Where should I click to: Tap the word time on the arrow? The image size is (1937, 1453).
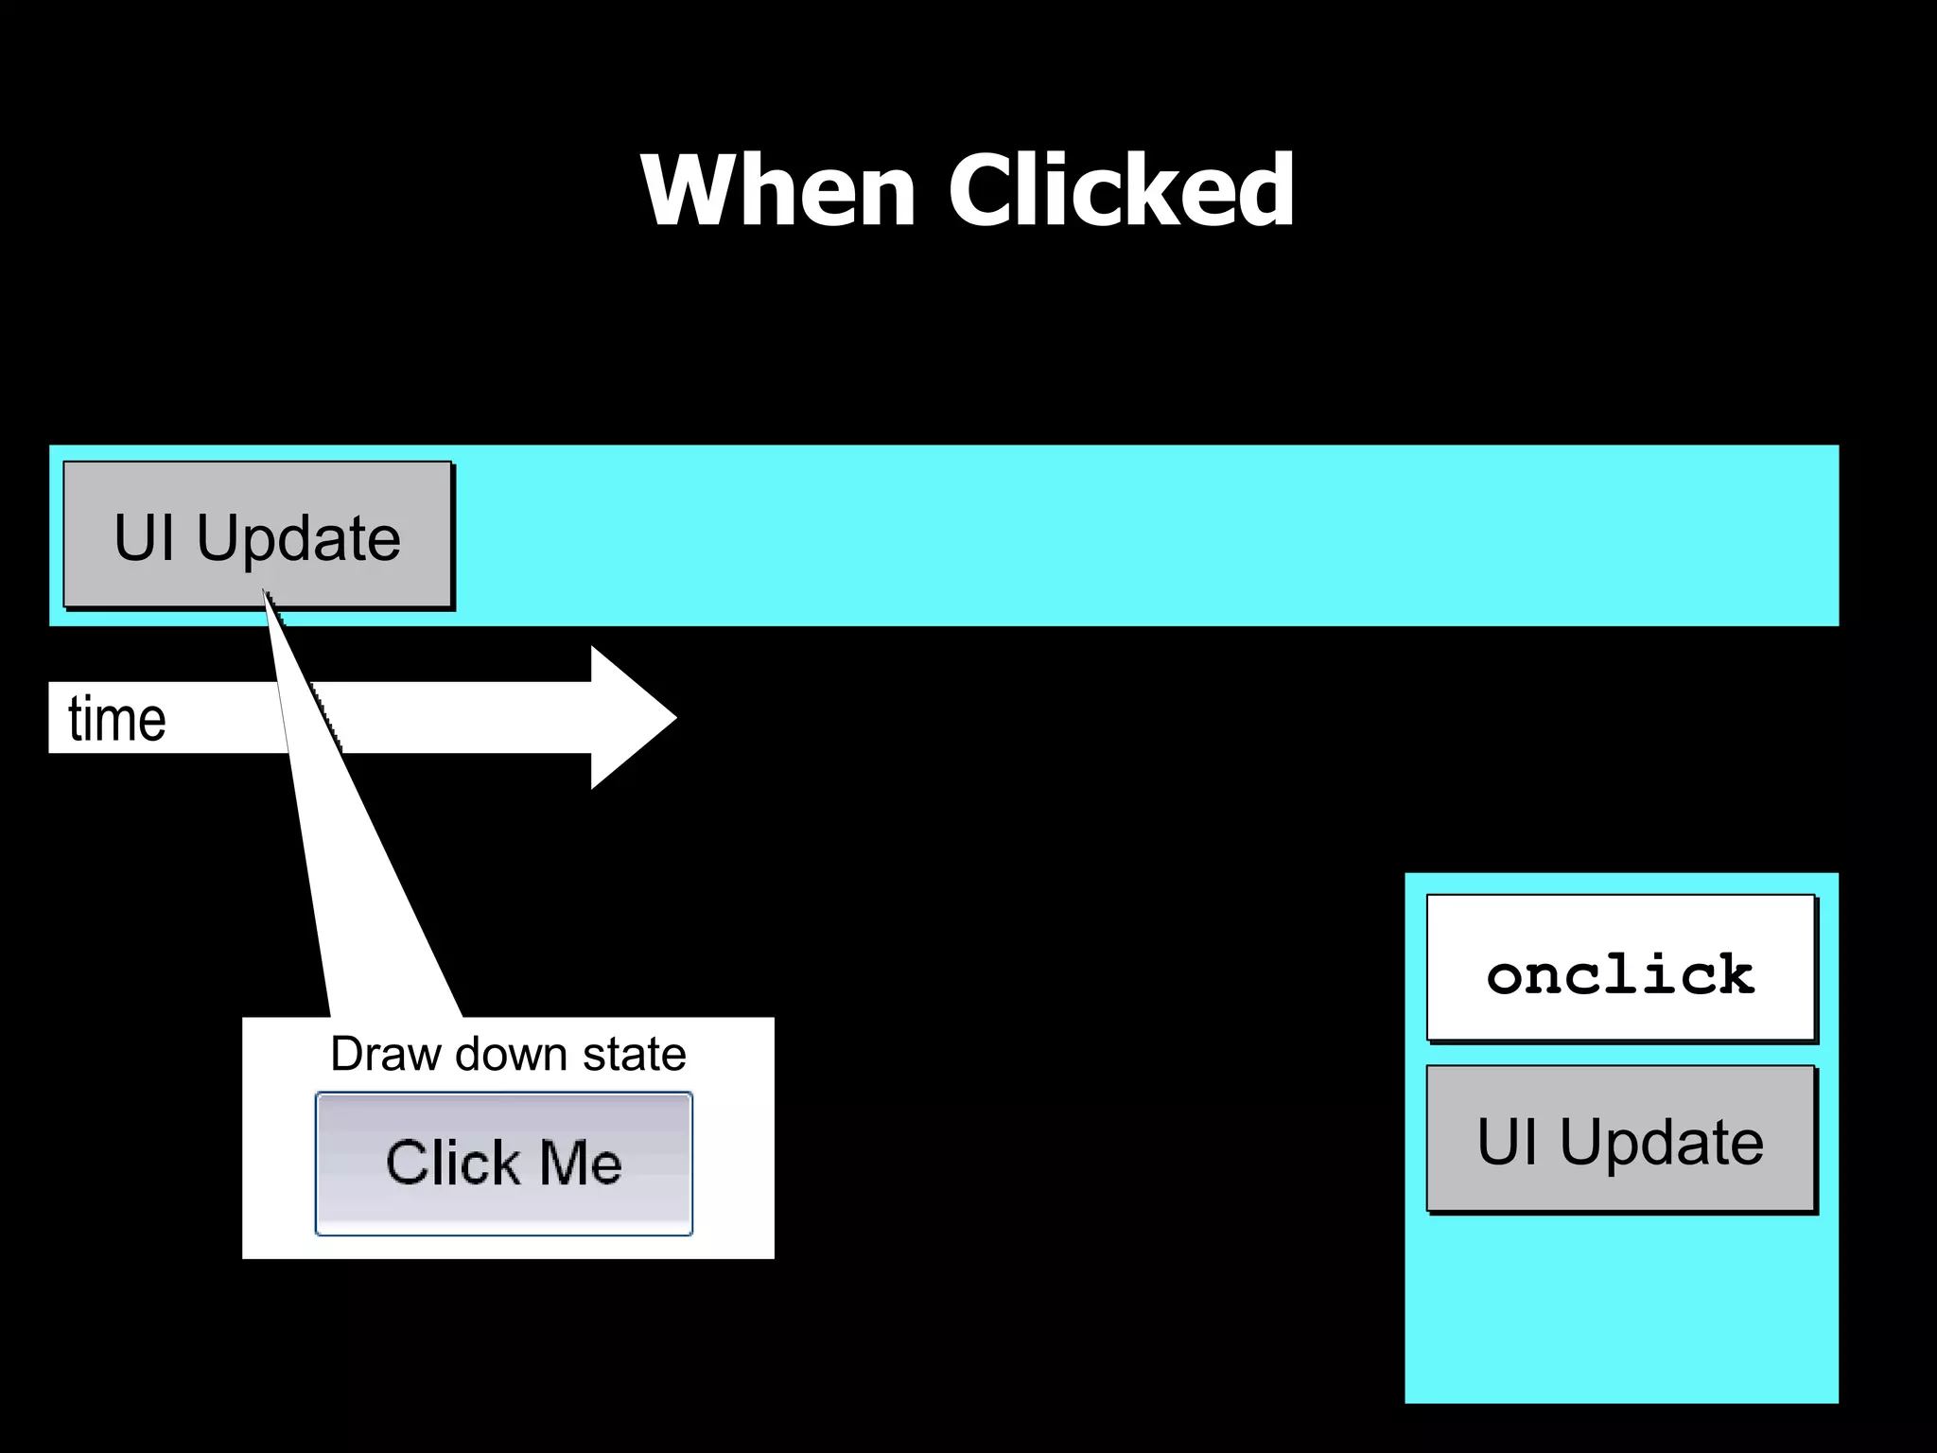tap(117, 719)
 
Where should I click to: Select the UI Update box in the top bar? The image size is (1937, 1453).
tap(257, 535)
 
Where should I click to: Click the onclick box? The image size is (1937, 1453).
tap(1620, 968)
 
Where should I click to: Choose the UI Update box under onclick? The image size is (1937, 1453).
tap(1620, 1139)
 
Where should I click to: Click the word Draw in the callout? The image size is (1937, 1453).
tap(386, 1054)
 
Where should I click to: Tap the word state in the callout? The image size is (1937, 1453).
tap(634, 1054)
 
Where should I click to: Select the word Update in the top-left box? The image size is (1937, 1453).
tap(299, 538)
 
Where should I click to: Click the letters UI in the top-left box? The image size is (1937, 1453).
tap(144, 538)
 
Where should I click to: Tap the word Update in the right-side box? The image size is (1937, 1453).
tap(1662, 1142)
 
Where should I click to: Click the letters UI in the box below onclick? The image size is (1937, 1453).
tap(1508, 1142)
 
